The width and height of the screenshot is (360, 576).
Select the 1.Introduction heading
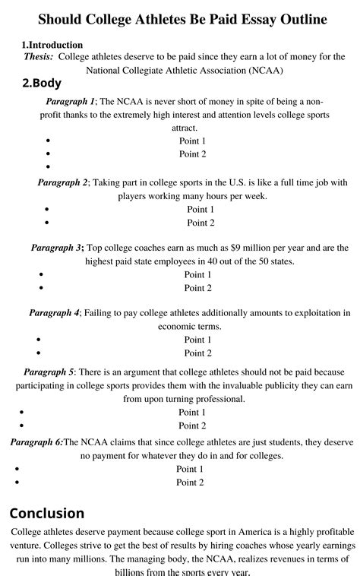click(x=52, y=45)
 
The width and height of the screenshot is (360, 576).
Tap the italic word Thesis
click(x=38, y=57)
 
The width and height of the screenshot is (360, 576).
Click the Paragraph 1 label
click(x=70, y=101)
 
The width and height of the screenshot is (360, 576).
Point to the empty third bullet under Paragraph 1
click(x=48, y=167)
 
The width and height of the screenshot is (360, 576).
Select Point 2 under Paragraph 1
click(x=192, y=154)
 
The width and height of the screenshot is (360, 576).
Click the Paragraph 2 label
click(x=63, y=182)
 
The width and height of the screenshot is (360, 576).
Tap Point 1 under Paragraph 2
click(x=201, y=210)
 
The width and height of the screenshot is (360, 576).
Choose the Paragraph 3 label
click(x=56, y=248)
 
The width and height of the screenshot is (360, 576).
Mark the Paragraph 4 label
click(x=54, y=313)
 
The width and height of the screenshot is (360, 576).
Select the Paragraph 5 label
click(x=49, y=372)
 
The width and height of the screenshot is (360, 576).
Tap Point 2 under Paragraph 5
click(x=192, y=426)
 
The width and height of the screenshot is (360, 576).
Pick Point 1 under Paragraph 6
click(x=190, y=469)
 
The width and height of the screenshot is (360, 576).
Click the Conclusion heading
click(x=47, y=513)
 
